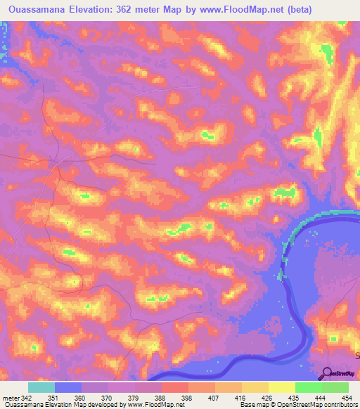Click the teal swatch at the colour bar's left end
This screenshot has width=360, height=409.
click(x=41, y=388)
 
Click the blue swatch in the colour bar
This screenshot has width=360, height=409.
click(x=68, y=388)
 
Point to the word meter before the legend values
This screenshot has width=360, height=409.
click(x=9, y=398)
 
